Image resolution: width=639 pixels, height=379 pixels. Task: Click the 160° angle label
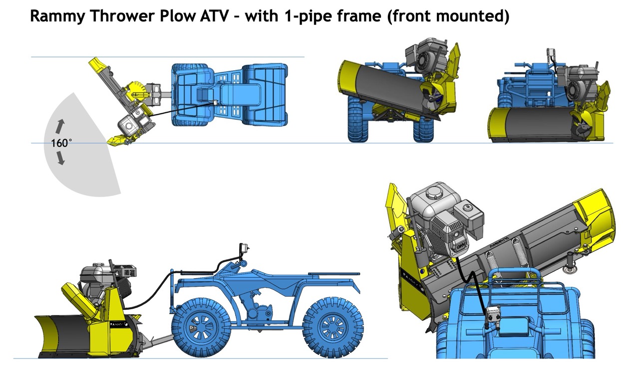pyautogui.click(x=61, y=143)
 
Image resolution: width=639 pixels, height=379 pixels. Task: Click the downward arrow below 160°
pyautogui.click(x=61, y=159)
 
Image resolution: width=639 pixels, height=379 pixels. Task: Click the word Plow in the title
pyautogui.click(x=172, y=16)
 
